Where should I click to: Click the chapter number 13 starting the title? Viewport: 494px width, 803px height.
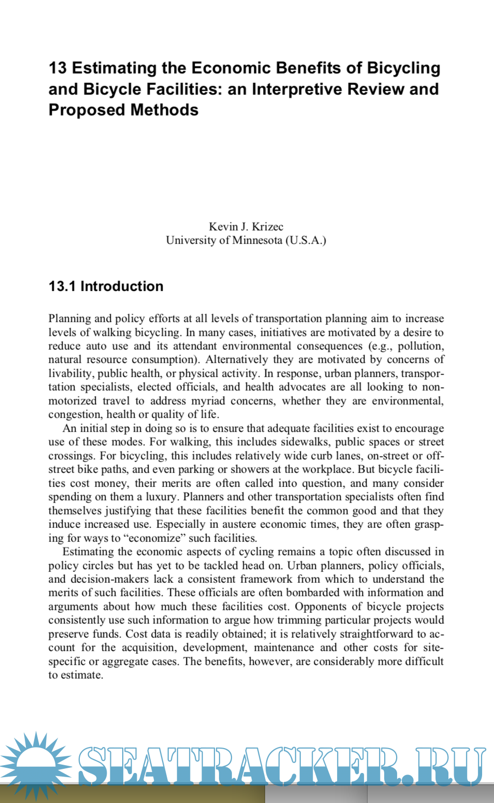[57, 68]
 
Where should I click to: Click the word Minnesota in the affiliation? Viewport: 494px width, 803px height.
[257, 240]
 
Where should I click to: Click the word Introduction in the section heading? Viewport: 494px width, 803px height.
[122, 286]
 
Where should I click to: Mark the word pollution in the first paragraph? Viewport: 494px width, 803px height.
[420, 346]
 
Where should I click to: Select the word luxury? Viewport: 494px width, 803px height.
[161, 497]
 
